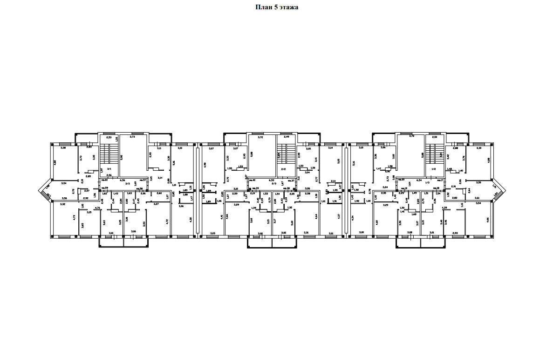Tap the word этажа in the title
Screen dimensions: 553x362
[x=289, y=7]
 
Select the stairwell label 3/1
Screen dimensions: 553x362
[x=109, y=169]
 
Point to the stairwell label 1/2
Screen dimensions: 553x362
[x=434, y=169]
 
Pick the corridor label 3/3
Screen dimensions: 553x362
[x=127, y=184]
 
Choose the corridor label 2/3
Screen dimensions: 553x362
[x=274, y=184]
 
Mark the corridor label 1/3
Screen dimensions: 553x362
[x=414, y=184]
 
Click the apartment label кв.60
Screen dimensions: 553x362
[x=104, y=180]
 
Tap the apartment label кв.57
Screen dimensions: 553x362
[x=144, y=180]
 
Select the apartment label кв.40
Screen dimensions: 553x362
[x=252, y=180]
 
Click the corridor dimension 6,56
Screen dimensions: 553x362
[x=123, y=180]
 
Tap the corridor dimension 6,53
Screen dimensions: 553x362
[x=270, y=180]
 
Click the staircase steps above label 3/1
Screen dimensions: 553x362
[x=109, y=154]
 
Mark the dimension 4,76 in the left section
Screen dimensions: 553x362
[x=97, y=208]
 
